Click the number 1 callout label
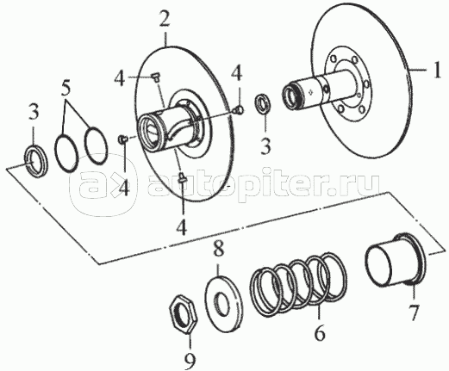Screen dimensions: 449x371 437,70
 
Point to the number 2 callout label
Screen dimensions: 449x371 165,20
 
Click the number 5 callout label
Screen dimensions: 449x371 65,89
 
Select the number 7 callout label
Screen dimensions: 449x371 414,312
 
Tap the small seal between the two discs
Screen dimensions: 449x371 263,103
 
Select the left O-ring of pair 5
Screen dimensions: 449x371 66,152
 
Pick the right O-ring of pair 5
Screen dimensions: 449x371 97,146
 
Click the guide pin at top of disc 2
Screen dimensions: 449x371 156,77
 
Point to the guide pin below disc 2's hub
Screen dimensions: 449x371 182,176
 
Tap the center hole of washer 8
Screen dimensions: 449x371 221,303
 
